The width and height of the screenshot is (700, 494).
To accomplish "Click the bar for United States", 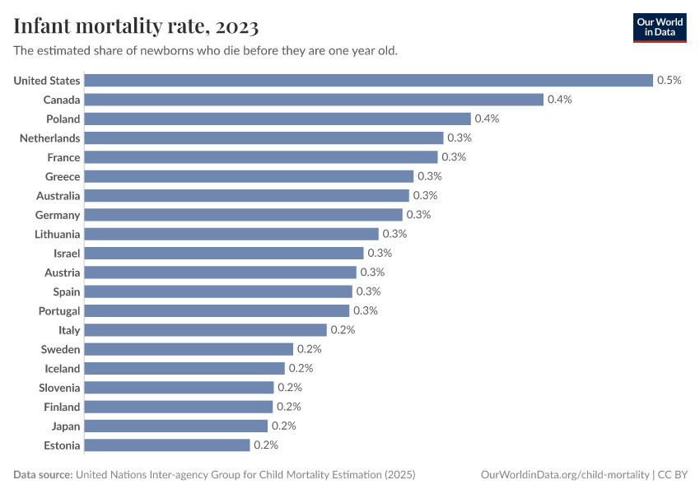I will point(368,80).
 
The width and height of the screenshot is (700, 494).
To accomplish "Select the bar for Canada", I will point(314,100).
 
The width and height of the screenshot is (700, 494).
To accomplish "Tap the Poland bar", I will point(278,119).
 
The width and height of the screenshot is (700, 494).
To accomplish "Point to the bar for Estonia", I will point(167,445).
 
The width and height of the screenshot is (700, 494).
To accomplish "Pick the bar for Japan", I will point(176,426).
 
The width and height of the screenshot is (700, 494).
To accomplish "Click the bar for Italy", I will point(206,330).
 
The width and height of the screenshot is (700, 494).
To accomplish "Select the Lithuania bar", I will point(231,234).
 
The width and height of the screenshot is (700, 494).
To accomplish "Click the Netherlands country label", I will point(50,138).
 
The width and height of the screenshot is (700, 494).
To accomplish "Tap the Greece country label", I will point(63,176).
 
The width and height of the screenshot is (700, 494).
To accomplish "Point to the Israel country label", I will point(67,254).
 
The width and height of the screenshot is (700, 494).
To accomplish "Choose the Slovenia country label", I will point(59,388).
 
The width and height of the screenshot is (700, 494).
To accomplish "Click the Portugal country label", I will point(59,311).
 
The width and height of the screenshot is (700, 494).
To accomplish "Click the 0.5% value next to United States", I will point(669,80).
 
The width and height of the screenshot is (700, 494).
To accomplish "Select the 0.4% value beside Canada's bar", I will point(559,100).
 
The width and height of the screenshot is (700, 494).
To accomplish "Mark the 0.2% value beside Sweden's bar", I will point(309,349).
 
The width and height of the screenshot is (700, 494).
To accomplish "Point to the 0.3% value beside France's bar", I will point(454,157).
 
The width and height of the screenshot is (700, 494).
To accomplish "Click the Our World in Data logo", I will point(660,27).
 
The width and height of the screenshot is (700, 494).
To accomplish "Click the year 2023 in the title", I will point(238,27).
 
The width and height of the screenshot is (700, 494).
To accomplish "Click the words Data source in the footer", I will point(42,475).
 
